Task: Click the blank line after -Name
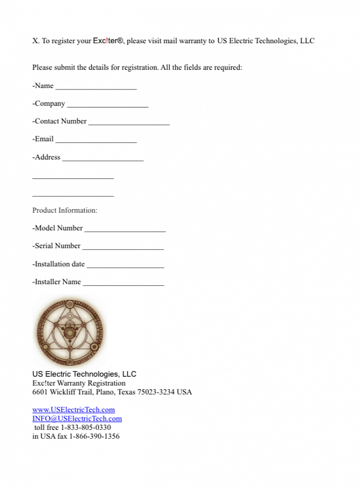click(96, 88)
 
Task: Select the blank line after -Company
click(107, 105)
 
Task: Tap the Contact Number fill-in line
click(129, 123)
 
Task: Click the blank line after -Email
click(96, 141)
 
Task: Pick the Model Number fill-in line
click(125, 230)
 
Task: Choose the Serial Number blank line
click(123, 248)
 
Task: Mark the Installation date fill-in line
click(125, 266)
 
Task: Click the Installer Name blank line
click(123, 284)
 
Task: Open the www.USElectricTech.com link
click(74, 410)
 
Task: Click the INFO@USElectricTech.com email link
click(77, 419)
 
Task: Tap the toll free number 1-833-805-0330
click(86, 427)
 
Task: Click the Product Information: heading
click(65, 210)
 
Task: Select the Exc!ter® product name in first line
click(108, 41)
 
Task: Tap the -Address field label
click(46, 157)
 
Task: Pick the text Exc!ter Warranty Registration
click(79, 383)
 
